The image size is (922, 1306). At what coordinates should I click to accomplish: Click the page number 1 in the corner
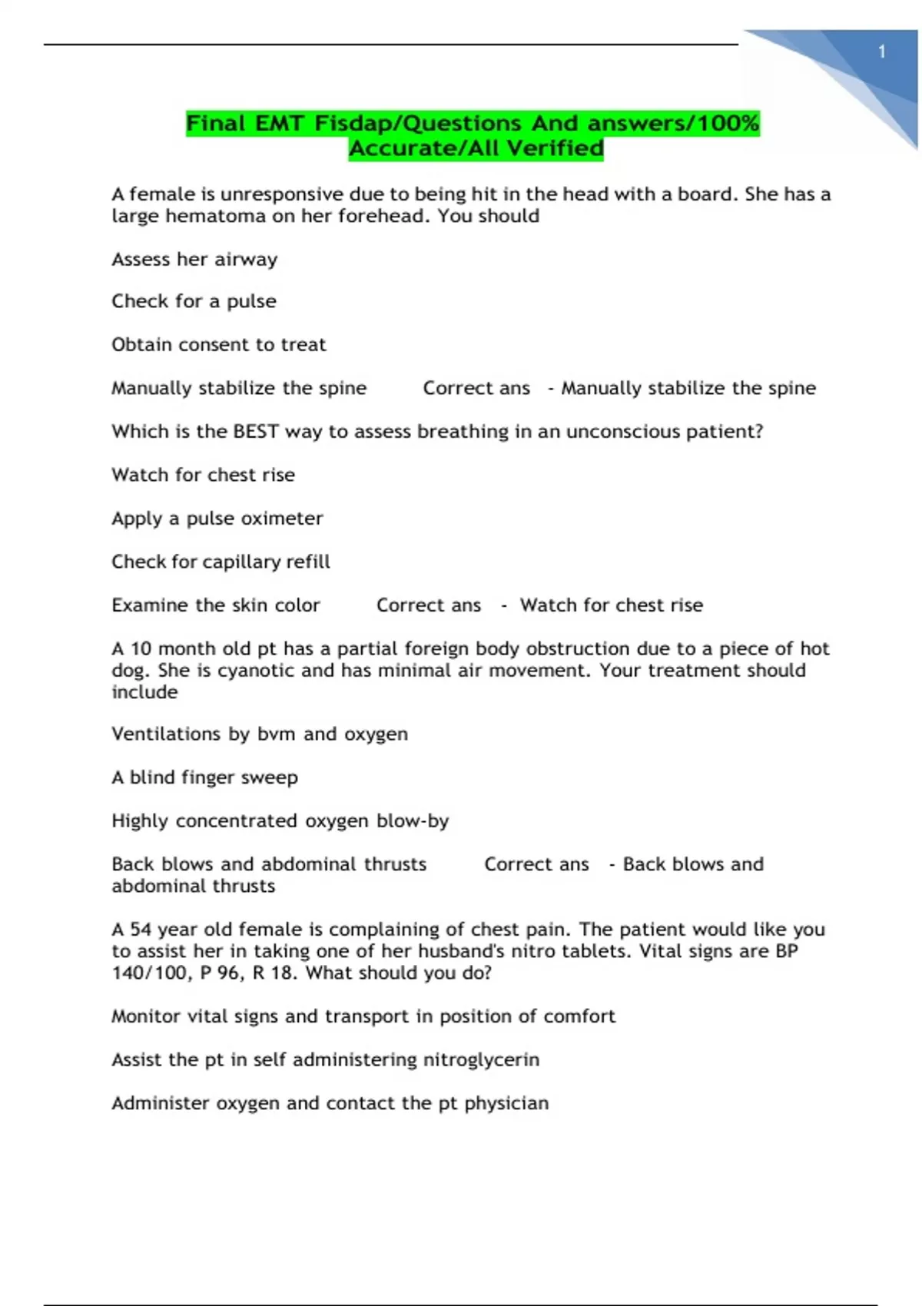[x=882, y=51]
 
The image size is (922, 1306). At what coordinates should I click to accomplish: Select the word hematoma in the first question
[x=216, y=216]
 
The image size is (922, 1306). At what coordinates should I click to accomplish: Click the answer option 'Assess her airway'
[x=194, y=260]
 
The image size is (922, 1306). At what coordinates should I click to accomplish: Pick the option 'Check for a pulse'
[x=194, y=301]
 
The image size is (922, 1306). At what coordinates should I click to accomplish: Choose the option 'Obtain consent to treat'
[x=219, y=345]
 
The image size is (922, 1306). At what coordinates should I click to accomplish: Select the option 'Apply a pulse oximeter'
[x=217, y=519]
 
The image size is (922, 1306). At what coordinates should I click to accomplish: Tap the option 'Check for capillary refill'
[x=221, y=562]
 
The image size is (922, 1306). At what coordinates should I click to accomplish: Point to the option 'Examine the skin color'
[x=216, y=605]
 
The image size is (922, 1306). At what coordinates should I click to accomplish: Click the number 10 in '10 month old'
[x=141, y=649]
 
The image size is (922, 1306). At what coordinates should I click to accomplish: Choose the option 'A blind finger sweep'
[x=204, y=777]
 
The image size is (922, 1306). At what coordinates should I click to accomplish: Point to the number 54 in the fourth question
[x=141, y=930]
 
